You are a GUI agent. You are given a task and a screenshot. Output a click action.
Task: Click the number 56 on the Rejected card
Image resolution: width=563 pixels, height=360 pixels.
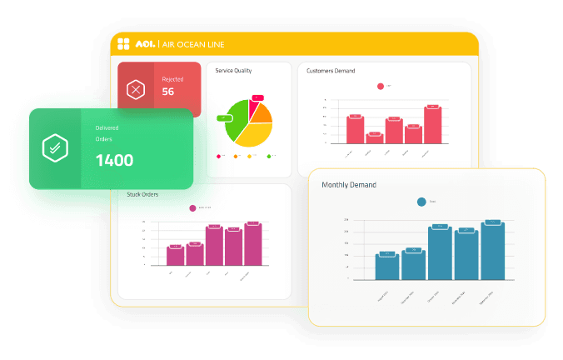(168, 92)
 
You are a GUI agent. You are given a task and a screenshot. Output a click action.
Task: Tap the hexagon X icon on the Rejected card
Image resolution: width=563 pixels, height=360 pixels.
(134, 89)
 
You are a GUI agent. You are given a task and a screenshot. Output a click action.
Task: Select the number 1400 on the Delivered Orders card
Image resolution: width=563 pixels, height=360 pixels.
(114, 160)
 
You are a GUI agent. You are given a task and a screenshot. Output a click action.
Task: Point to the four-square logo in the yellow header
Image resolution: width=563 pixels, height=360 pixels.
(122, 44)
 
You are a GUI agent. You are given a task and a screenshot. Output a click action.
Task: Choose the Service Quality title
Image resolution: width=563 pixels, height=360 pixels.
(233, 71)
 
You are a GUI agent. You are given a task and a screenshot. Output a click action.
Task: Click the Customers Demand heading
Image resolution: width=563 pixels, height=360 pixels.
(331, 71)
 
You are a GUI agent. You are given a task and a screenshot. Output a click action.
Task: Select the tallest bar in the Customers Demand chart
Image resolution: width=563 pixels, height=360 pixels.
(432, 125)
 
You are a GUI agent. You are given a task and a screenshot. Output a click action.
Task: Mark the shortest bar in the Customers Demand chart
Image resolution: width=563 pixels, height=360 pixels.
(374, 138)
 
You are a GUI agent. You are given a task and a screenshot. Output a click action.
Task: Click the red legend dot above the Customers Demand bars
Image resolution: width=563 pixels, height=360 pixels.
(381, 86)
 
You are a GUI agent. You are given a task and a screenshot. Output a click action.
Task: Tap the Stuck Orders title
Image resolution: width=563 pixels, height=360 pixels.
(142, 194)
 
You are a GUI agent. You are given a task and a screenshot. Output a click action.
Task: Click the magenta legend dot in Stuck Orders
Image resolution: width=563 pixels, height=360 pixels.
(192, 208)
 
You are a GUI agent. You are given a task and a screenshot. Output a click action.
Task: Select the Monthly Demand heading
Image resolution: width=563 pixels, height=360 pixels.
(349, 184)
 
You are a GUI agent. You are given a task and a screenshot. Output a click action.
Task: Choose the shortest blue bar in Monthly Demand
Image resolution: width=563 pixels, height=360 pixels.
(386, 267)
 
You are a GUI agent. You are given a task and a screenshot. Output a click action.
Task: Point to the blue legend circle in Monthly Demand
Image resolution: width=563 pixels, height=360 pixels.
(421, 201)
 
